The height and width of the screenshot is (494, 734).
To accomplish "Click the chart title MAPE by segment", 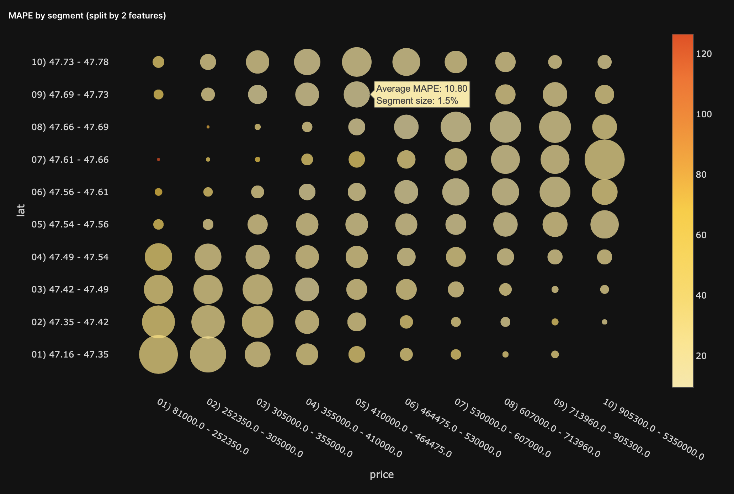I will coord(87,16).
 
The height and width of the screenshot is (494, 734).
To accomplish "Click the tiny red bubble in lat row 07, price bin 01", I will coord(158,160).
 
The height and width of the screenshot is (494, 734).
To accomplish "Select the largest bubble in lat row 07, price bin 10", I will coord(604,160).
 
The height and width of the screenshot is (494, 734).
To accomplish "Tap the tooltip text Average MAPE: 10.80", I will coord(421,88).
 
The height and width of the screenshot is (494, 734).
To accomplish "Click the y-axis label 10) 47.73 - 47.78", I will coord(70,62).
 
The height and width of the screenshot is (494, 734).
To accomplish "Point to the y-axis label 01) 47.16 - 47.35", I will coord(70,354).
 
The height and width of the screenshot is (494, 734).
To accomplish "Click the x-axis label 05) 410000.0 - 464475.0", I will coord(403,428).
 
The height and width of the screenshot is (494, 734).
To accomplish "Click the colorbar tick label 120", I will coord(704,54).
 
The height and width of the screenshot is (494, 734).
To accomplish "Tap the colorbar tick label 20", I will coord(701,356).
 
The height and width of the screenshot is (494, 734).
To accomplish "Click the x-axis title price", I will coord(382,474).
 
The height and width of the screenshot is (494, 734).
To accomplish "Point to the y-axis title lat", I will coord(21,210).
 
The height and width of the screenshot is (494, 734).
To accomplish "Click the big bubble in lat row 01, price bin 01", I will coord(158,354).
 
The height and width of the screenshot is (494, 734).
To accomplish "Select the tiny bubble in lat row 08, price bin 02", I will coord(208,127).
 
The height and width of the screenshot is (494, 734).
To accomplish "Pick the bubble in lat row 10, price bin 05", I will coord(357,62).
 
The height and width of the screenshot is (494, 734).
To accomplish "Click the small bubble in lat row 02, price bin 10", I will coord(604,322).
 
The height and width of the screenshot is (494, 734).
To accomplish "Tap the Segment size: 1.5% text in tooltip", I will coord(417,101).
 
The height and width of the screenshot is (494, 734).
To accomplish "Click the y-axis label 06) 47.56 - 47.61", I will coord(70,192).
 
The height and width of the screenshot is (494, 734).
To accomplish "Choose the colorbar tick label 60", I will coord(701,235).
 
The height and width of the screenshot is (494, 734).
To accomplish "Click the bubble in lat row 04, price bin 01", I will coord(158,257).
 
